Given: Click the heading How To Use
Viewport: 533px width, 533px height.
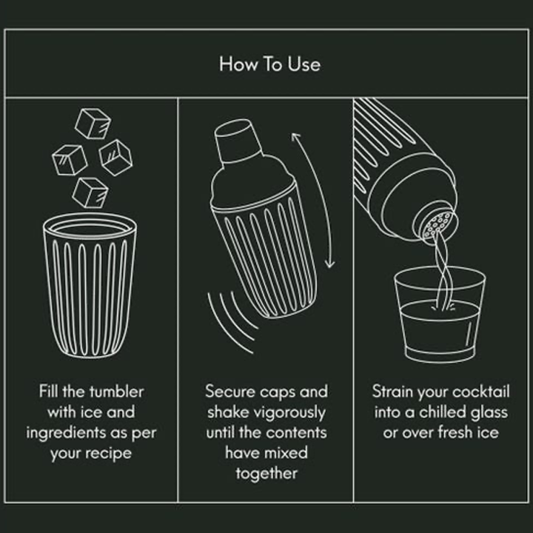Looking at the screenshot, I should coord(269,64).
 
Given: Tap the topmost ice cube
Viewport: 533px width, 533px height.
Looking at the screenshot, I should coord(93,124).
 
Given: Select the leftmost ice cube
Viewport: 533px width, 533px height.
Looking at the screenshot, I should coord(69,158).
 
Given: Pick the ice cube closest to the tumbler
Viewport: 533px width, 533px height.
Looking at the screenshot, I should coord(90,192).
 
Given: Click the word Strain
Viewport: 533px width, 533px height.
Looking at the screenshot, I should coord(392,392).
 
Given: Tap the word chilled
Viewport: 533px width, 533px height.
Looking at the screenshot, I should coord(445,412).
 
